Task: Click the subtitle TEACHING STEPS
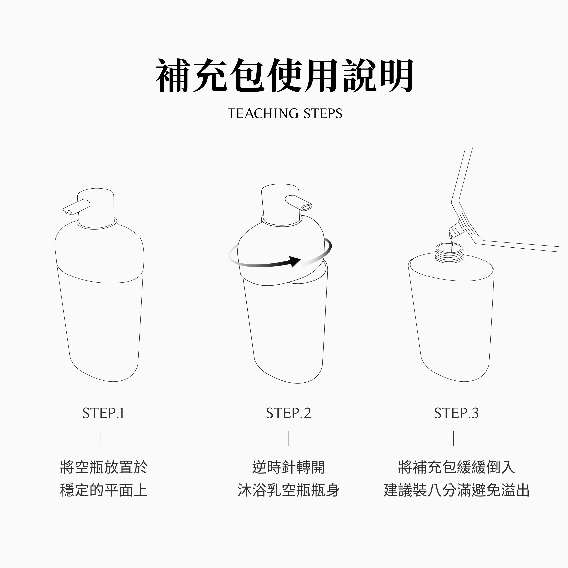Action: click(x=285, y=114)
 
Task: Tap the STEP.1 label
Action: click(x=103, y=413)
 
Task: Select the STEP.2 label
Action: click(x=288, y=413)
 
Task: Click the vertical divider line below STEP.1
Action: click(x=101, y=438)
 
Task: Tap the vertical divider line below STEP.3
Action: click(x=454, y=438)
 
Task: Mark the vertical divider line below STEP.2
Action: click(x=289, y=438)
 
